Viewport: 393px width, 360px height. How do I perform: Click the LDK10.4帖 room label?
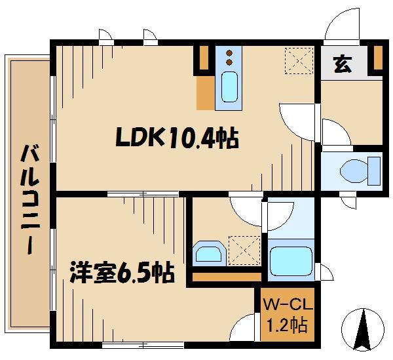[x=176, y=138]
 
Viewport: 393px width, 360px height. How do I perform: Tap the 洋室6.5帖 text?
[x=122, y=272]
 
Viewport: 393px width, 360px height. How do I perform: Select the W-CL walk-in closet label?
[x=286, y=305]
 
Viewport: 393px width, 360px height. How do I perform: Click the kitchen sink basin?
[x=229, y=87]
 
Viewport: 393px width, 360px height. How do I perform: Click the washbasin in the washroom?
[x=208, y=253]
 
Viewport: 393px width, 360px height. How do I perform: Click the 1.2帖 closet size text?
[x=287, y=323]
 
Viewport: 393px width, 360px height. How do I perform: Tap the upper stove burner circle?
[x=229, y=52]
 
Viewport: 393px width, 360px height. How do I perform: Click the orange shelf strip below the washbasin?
[x=226, y=276]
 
